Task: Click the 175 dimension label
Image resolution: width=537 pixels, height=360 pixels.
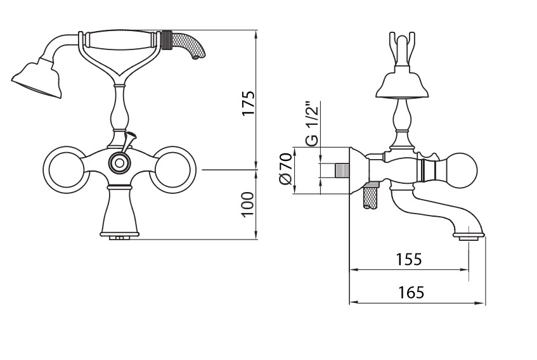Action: click(249, 103)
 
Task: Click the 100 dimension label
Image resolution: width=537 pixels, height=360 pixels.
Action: click(248, 204)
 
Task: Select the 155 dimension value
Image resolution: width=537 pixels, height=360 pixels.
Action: click(409, 259)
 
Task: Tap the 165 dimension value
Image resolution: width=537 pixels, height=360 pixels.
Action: click(411, 292)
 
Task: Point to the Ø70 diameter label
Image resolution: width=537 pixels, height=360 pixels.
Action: click(285, 169)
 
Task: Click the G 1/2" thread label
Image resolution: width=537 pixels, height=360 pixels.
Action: click(313, 123)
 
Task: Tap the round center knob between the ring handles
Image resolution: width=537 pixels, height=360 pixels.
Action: click(119, 163)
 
